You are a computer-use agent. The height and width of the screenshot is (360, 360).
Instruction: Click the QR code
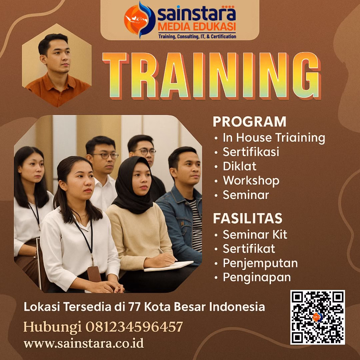pyautogui.click(x=317, y=317)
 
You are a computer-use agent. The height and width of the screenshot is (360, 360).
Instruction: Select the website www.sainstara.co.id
pyautogui.click(x=84, y=343)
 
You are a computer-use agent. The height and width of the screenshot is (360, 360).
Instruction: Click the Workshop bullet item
pyautogui.click(x=251, y=181)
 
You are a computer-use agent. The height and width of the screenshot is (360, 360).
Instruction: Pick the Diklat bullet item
pyautogui.click(x=239, y=166)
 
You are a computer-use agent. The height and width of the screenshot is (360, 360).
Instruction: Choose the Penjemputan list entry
pyautogui.click(x=260, y=263)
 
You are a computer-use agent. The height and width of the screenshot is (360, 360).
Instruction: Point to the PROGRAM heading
pyautogui.click(x=249, y=122)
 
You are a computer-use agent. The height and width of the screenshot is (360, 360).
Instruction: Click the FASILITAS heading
pyautogui.click(x=247, y=218)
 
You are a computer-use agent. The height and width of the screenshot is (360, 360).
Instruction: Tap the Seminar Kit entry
pyautogui.click(x=255, y=234)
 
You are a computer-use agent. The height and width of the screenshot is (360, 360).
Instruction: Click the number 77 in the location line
pyautogui.click(x=135, y=307)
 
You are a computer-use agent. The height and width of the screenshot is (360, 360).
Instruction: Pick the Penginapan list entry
pyautogui.click(x=256, y=277)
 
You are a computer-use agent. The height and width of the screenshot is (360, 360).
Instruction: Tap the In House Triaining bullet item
pyautogui.click(x=274, y=137)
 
